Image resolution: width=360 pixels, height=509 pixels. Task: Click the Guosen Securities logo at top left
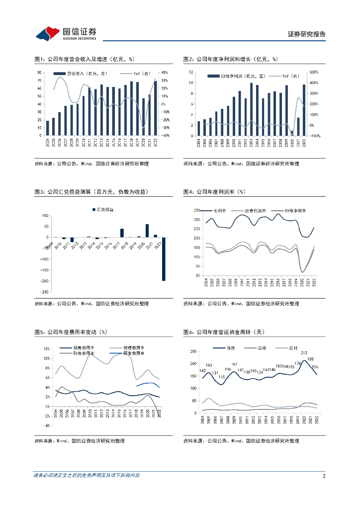point(66,33)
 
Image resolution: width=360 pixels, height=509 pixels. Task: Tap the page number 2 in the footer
point(324,476)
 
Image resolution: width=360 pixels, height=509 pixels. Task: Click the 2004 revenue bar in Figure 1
point(48,128)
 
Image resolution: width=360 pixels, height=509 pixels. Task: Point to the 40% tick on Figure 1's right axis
point(165,73)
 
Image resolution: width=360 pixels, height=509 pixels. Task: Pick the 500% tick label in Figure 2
point(314,72)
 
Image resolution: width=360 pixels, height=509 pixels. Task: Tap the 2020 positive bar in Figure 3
point(147,231)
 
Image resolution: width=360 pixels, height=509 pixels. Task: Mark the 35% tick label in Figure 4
point(197,210)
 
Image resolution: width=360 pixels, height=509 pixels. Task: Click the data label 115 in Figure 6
point(221,377)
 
